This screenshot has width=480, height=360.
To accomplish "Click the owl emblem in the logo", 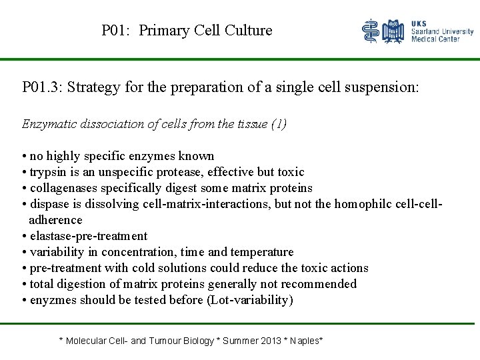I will (x=394, y=31).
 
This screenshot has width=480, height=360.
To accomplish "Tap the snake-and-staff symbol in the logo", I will (x=371, y=31).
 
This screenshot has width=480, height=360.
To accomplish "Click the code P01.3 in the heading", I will (x=41, y=87).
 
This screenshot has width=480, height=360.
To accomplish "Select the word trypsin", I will (x=49, y=172).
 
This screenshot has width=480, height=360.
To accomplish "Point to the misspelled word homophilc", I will (x=362, y=204).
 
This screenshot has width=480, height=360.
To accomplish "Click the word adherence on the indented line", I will (x=55, y=220).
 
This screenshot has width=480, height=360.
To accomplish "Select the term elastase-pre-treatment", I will (x=88, y=236).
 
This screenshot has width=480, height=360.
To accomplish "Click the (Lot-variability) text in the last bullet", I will (x=250, y=300).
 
